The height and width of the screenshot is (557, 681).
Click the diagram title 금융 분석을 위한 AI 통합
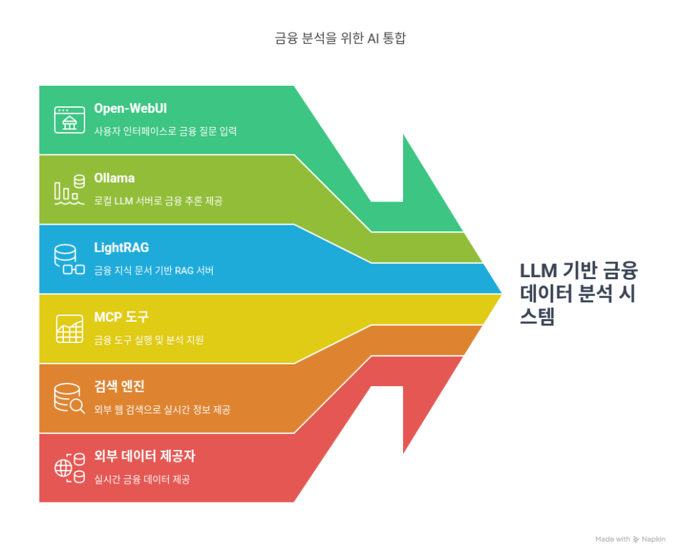click(x=340, y=38)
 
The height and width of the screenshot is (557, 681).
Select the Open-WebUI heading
click(x=130, y=108)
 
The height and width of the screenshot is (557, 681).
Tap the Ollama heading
click(x=114, y=178)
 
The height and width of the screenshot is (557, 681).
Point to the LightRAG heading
click(x=122, y=247)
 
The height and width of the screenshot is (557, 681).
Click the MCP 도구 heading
click(x=121, y=317)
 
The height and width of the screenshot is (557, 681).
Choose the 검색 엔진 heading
click(x=119, y=386)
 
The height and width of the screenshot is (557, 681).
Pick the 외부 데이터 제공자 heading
click(x=144, y=456)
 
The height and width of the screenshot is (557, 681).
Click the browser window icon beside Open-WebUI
click(x=69, y=120)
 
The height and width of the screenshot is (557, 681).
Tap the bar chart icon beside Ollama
click(x=69, y=189)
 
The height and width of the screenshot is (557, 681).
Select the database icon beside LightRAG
click(x=69, y=260)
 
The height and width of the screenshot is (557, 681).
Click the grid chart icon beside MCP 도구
click(x=69, y=328)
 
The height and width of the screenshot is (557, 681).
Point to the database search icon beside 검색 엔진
click(x=69, y=398)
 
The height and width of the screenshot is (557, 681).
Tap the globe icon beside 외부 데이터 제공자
click(x=69, y=468)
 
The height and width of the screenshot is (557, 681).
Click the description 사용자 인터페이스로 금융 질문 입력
click(x=166, y=131)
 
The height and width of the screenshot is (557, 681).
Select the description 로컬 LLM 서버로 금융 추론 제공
click(x=158, y=201)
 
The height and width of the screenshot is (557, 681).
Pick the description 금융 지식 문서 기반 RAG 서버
click(x=154, y=271)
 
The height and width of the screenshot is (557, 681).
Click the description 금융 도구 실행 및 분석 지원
click(x=149, y=340)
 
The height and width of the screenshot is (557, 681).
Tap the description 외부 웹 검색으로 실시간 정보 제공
click(x=162, y=409)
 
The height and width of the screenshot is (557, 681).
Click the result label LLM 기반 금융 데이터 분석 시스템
click(x=579, y=294)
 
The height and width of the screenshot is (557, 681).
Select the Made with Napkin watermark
click(x=630, y=539)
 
